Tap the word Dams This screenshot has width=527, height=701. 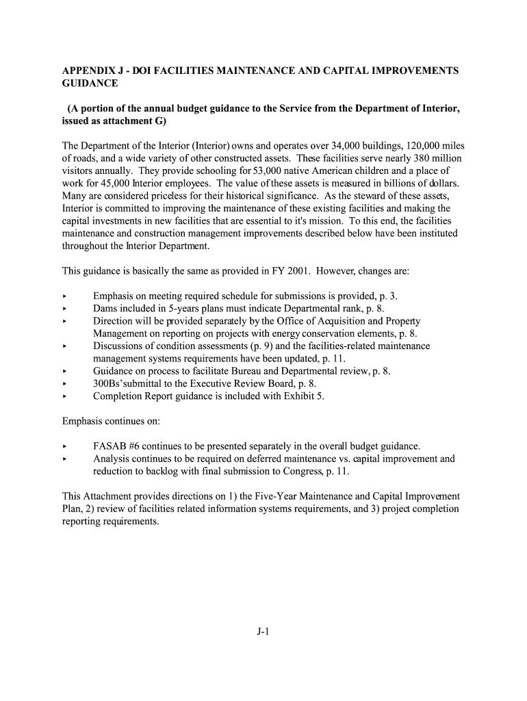pos(105,308)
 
